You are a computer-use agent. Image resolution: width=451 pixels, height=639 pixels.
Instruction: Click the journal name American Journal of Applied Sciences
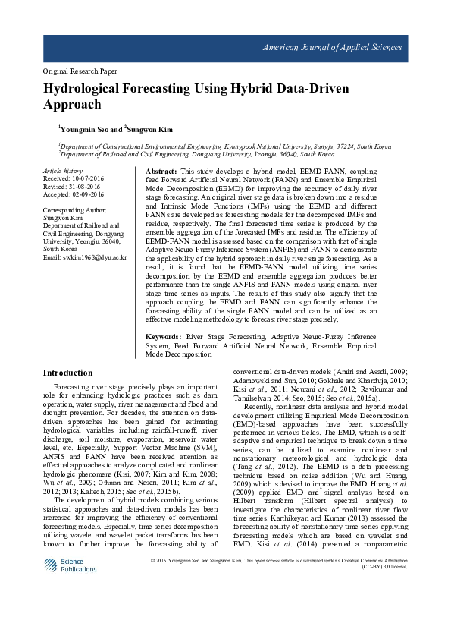332,48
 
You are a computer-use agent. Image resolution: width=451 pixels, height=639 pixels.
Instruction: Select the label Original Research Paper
80,71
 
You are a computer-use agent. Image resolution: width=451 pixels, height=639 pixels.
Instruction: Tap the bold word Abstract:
161,172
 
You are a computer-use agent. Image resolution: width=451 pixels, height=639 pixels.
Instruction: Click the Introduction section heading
67,373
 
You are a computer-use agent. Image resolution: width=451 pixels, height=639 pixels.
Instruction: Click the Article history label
62,172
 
